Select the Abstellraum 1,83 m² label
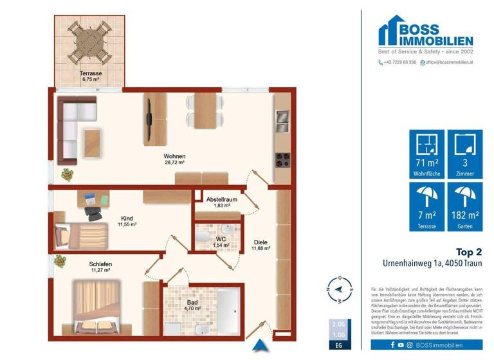tap(221, 203)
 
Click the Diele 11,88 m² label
tap(261, 246)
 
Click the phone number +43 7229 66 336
tap(397, 62)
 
